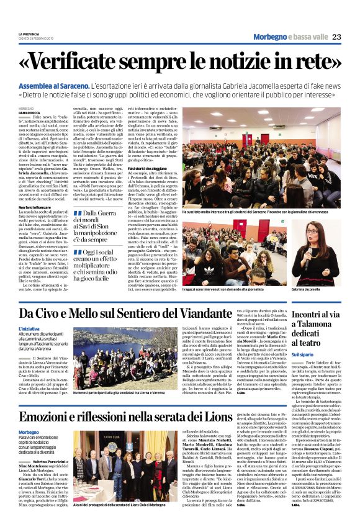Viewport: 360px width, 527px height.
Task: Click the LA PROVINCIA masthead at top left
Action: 28,34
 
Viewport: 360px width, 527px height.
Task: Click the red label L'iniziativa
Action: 29,328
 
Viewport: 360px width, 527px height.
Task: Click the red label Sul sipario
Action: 303,354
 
